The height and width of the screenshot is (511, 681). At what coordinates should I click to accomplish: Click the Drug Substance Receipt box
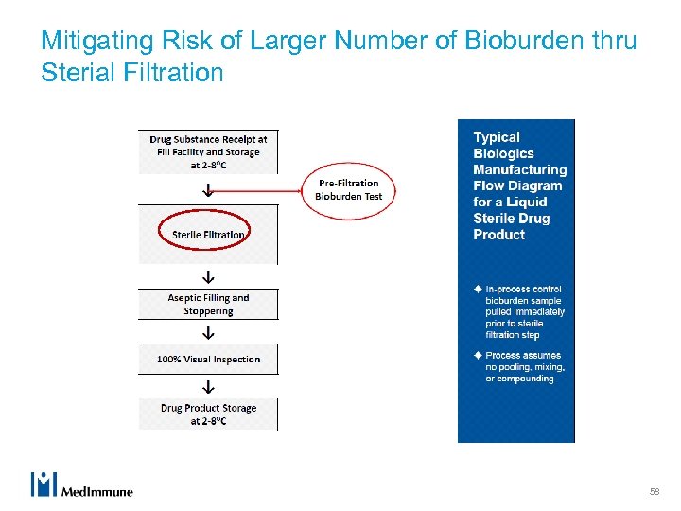point(208,151)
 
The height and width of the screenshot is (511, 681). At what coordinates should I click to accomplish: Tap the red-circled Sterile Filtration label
point(208,234)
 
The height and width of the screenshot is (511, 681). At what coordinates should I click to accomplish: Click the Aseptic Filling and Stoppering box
point(208,304)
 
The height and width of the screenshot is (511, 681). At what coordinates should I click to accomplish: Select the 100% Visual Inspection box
point(208,360)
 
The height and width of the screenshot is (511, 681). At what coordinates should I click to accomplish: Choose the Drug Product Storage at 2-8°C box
point(208,414)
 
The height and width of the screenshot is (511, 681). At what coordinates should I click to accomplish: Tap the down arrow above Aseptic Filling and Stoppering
point(208,277)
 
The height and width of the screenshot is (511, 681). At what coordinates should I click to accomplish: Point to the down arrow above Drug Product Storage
point(208,387)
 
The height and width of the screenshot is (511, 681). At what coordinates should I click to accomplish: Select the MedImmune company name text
point(97,491)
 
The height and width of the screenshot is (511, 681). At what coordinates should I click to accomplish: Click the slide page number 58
point(654,492)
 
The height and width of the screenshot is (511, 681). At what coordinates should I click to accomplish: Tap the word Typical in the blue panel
point(497,137)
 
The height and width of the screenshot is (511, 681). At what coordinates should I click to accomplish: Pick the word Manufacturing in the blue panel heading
point(519,169)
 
